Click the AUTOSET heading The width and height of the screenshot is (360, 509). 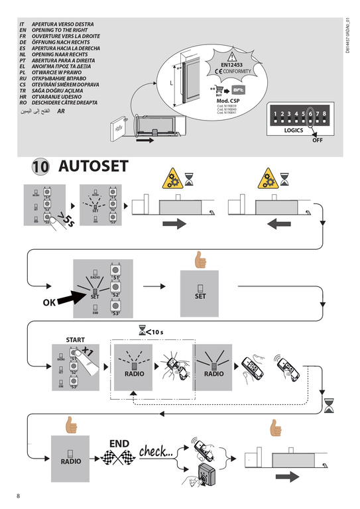[x=93, y=166]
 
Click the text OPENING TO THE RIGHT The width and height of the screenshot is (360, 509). [x=62, y=31]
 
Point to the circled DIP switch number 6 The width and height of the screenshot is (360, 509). [x=311, y=114]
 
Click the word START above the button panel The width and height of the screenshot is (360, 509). [x=75, y=339]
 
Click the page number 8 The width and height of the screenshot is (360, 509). [x=19, y=496]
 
